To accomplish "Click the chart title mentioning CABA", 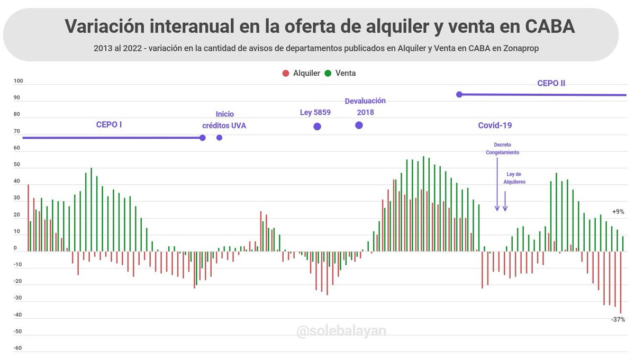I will [319, 26].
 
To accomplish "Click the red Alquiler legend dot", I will [286, 73].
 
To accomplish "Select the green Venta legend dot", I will [328, 73].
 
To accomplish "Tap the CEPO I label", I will [109, 125].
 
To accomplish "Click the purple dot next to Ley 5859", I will [317, 127].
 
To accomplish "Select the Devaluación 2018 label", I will [365, 106].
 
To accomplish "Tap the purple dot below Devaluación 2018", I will [359, 125].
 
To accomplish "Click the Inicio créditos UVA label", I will [224, 120].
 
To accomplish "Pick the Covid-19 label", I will [495, 125].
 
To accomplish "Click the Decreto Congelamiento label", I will [502, 148].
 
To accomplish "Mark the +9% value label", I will [618, 211].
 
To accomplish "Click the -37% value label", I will [618, 319].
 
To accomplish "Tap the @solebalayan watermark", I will [341, 331].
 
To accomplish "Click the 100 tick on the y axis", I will [18, 81].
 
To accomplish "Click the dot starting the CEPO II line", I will [459, 94].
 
